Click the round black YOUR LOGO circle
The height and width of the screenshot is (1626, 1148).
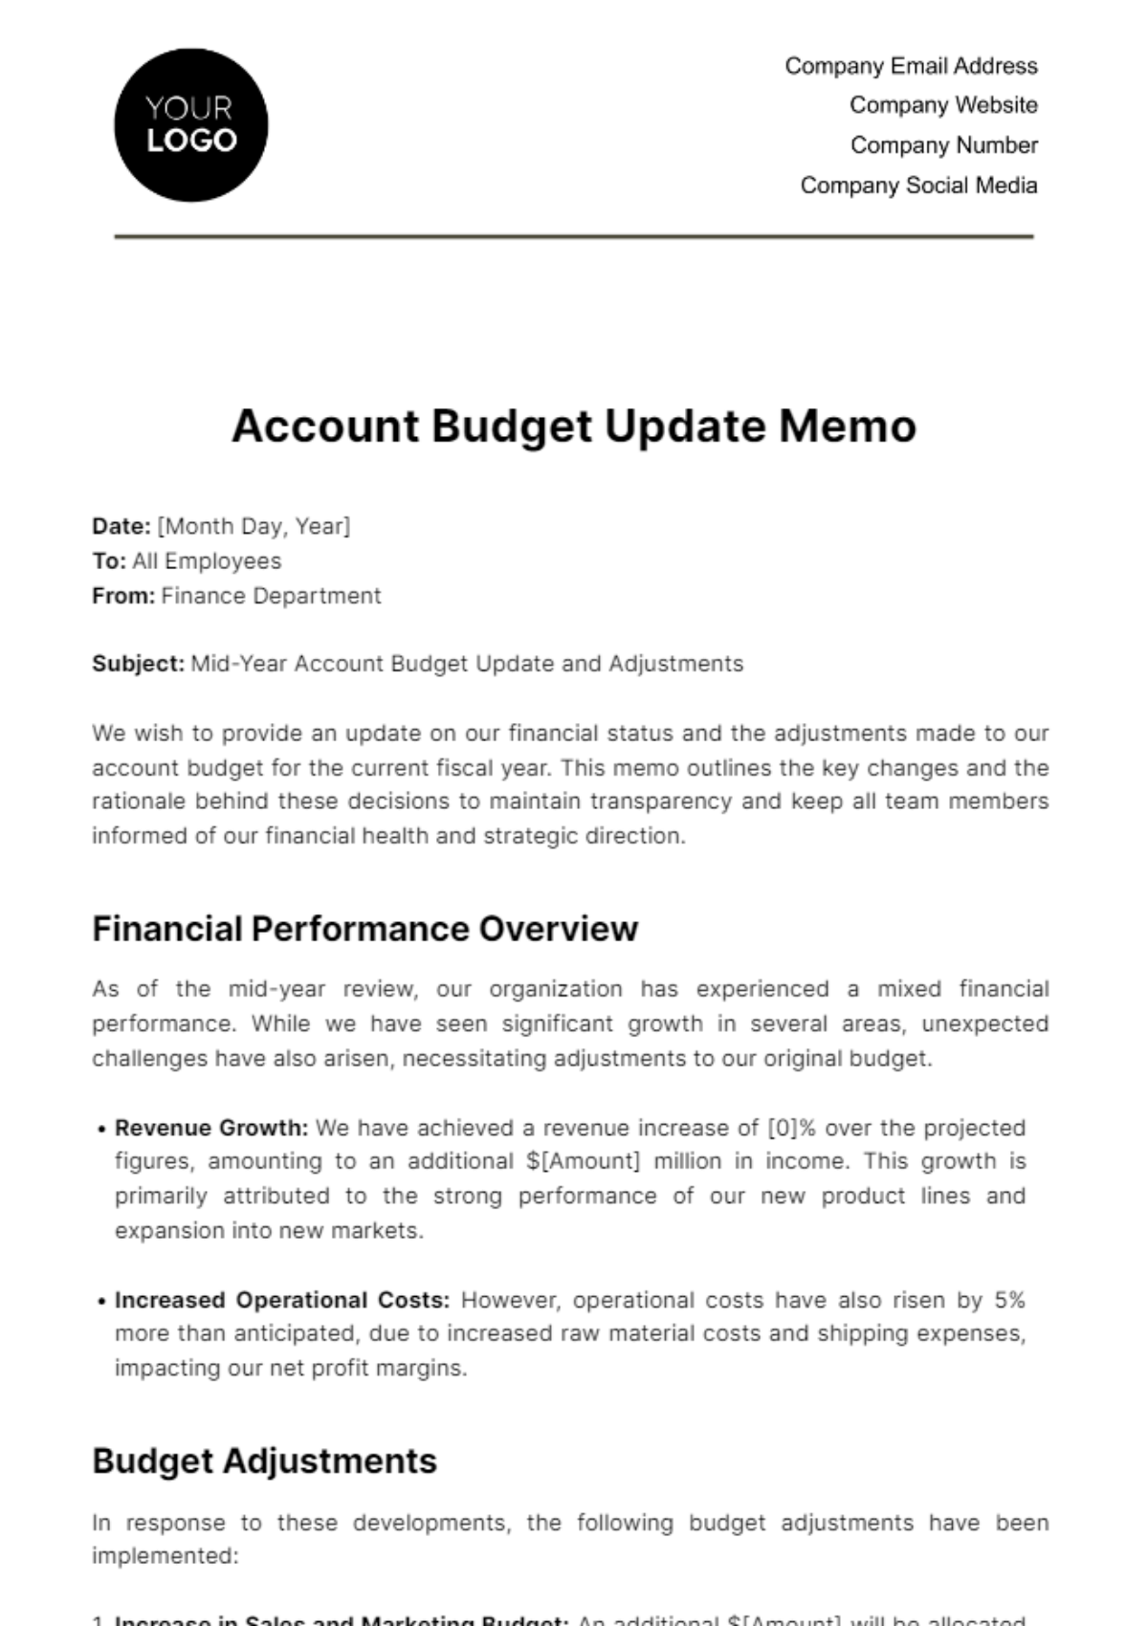pyautogui.click(x=190, y=125)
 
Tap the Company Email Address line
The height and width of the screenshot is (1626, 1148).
pyautogui.click(x=911, y=66)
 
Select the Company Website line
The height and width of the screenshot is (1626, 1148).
pyautogui.click(x=943, y=105)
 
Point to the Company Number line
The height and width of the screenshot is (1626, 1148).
pyautogui.click(x=943, y=145)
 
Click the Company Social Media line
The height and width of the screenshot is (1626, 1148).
pyautogui.click(x=918, y=186)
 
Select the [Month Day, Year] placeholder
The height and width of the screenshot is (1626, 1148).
pyautogui.click(x=254, y=526)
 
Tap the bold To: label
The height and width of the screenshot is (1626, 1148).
pyautogui.click(x=109, y=561)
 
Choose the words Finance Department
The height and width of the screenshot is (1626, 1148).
pyautogui.click(x=271, y=596)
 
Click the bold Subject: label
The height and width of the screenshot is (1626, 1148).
pyautogui.click(x=138, y=664)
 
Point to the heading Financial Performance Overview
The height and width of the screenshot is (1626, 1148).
pyautogui.click(x=364, y=929)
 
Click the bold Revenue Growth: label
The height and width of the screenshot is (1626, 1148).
pyautogui.click(x=211, y=1128)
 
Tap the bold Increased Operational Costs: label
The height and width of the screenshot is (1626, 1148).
pyautogui.click(x=281, y=1300)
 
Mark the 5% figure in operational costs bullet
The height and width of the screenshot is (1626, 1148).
pyautogui.click(x=1009, y=1300)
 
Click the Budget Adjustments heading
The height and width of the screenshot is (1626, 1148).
pyautogui.click(x=264, y=1461)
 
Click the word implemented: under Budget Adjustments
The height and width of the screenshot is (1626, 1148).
pyautogui.click(x=165, y=1556)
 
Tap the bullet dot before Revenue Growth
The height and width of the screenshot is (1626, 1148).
pyautogui.click(x=101, y=1130)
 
